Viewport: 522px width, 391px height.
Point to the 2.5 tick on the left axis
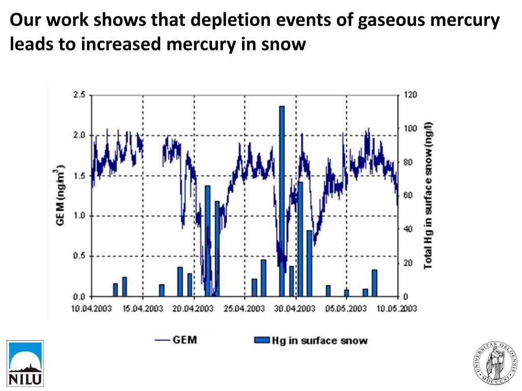click(x=79, y=95)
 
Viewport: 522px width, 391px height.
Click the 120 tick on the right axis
click(x=410, y=95)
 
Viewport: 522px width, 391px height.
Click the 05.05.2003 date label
click(x=346, y=309)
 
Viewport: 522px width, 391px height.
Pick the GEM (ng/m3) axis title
click(x=61, y=195)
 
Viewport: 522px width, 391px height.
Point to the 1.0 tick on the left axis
click(x=79, y=216)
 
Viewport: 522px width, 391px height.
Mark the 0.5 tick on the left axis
click(x=79, y=256)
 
